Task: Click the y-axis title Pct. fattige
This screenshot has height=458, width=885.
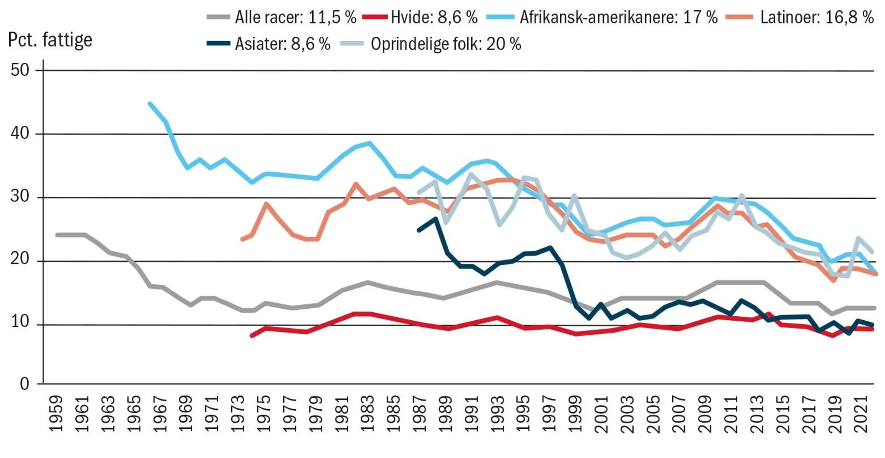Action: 50,40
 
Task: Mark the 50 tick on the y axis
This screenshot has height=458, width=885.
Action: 20,70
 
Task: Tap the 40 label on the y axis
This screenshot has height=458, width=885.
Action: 20,133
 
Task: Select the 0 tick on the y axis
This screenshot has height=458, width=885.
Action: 25,384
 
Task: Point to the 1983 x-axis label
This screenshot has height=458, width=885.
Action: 368,414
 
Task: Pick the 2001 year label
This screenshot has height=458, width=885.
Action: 601,414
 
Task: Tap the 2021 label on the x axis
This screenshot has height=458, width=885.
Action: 861,414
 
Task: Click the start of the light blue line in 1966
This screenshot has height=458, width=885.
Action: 150,104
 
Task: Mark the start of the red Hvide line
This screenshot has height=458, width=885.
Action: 252,336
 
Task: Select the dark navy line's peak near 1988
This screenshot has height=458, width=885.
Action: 436,218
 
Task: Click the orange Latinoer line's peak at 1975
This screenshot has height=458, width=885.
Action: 266,204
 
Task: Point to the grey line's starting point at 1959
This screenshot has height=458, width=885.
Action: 57,235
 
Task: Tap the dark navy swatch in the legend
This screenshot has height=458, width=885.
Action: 219,43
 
